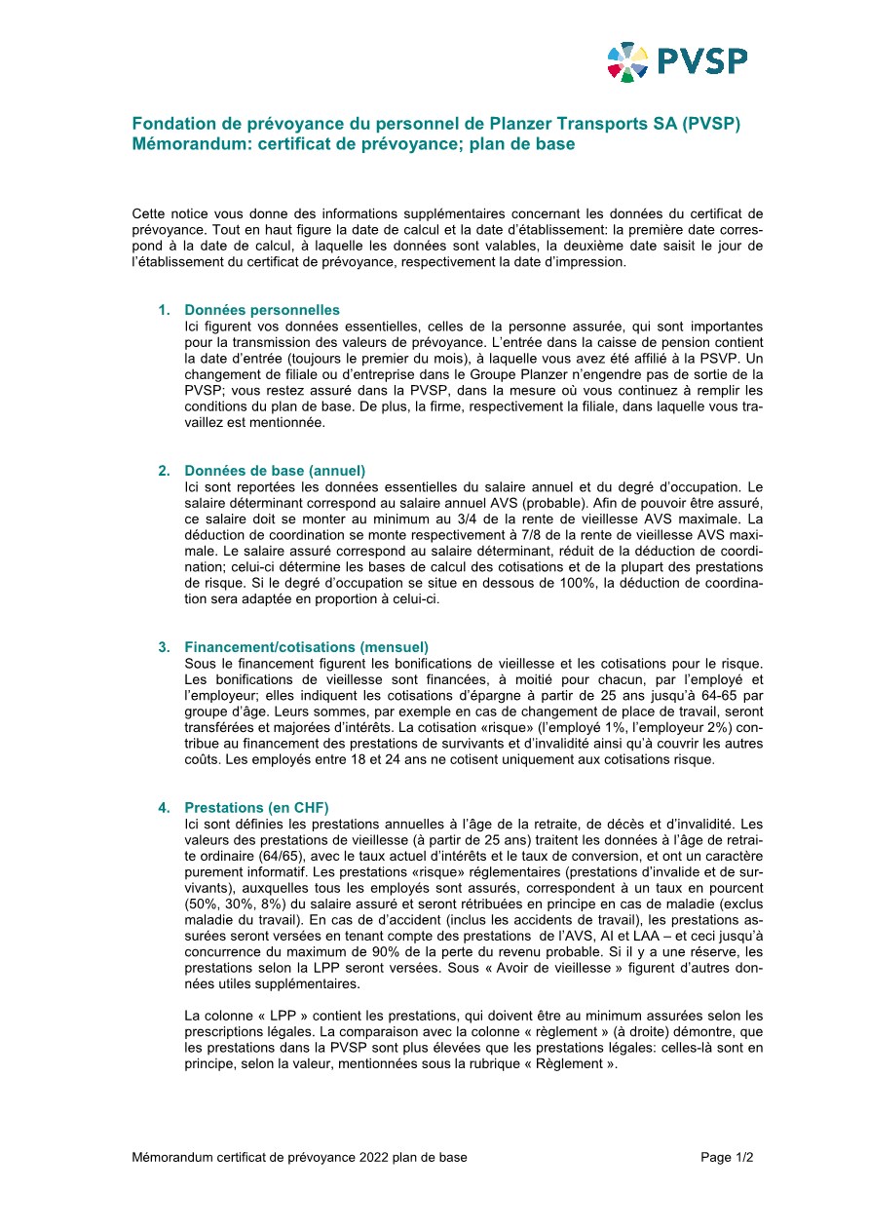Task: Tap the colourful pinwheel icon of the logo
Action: pyautogui.click(x=627, y=62)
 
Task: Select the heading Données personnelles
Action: pyautogui.click(x=262, y=310)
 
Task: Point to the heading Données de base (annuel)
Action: pyautogui.click(x=275, y=471)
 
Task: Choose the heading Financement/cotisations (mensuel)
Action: pyautogui.click(x=306, y=647)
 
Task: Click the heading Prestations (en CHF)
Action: pyautogui.click(x=256, y=808)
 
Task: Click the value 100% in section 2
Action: pyautogui.click(x=551, y=583)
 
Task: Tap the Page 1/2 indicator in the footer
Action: pyautogui.click(x=727, y=1158)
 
